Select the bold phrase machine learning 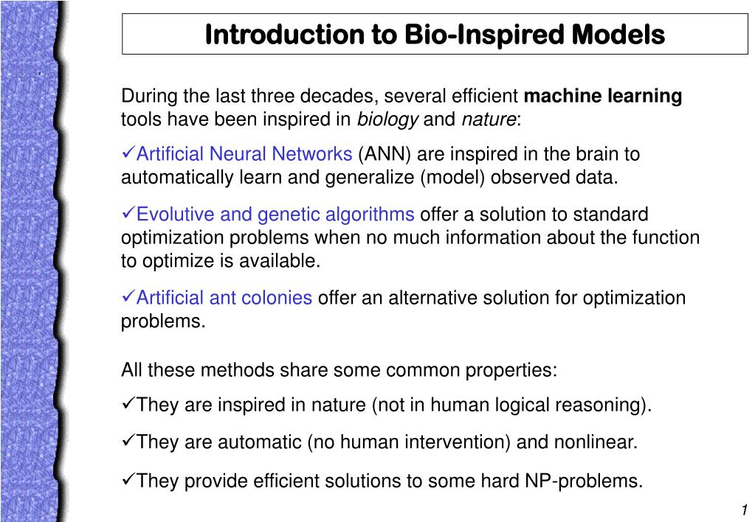coord(603,97)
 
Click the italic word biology coord(387,119)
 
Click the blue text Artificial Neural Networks coord(244,154)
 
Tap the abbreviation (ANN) coord(385,154)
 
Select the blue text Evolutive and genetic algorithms coord(275,215)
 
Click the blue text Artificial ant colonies coord(224,298)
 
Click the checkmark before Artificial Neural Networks coord(128,153)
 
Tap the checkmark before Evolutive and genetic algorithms coord(128,213)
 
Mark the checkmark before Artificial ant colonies coord(128,296)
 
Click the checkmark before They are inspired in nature coord(128,403)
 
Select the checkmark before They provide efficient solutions coord(128,479)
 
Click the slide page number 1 coord(745,509)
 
